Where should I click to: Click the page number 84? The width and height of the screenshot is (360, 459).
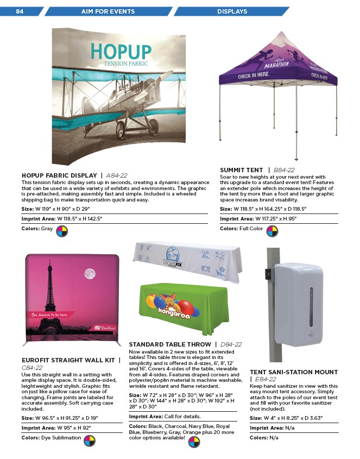tap(20, 11)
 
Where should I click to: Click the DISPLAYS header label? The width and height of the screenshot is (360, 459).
tap(232, 11)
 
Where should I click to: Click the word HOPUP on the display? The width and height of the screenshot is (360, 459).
tap(118, 51)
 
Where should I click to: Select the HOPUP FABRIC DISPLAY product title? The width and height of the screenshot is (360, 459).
tap(59, 175)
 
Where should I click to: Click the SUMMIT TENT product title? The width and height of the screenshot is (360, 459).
tap(242, 170)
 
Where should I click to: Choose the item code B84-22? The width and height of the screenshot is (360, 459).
tap(285, 170)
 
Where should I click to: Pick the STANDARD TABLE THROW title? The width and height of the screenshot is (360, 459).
tap(170, 344)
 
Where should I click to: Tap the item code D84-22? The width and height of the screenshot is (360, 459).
tap(231, 344)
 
